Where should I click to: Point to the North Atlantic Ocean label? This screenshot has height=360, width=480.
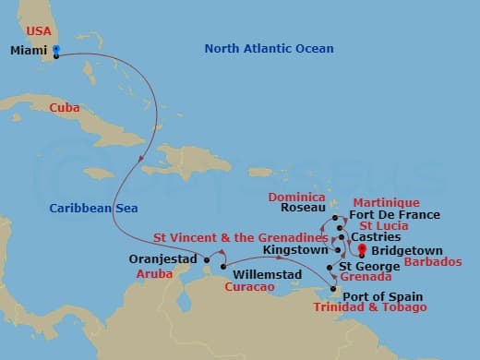(269, 49)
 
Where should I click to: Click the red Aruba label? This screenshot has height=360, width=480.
(153, 274)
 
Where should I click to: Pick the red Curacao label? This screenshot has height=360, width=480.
(248, 288)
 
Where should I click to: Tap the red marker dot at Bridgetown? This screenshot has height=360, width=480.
(362, 249)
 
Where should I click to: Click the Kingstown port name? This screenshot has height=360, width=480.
(294, 249)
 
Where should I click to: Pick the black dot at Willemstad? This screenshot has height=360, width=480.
(223, 267)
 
